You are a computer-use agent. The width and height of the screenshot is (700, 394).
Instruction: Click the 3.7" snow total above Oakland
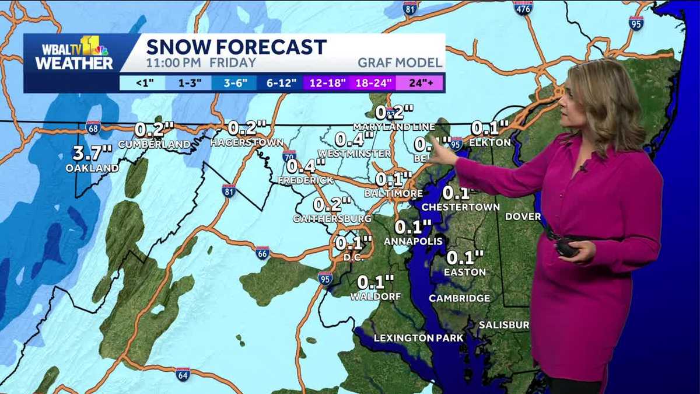[x=92, y=154]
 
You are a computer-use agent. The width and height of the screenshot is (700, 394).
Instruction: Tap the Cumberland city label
[x=154, y=144]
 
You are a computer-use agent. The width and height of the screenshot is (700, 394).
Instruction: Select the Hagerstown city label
[x=247, y=142]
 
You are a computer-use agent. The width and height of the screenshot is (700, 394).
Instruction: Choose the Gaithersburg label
[x=332, y=218]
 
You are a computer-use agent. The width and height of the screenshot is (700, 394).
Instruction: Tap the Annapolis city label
[x=413, y=240]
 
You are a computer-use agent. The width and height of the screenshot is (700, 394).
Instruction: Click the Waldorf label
[x=376, y=297]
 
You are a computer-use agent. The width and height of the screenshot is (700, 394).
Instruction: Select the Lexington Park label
[x=418, y=338]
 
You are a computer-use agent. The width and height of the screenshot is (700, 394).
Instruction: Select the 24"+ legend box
[x=419, y=82]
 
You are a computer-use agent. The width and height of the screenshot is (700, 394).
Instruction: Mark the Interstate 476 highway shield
[x=523, y=8]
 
